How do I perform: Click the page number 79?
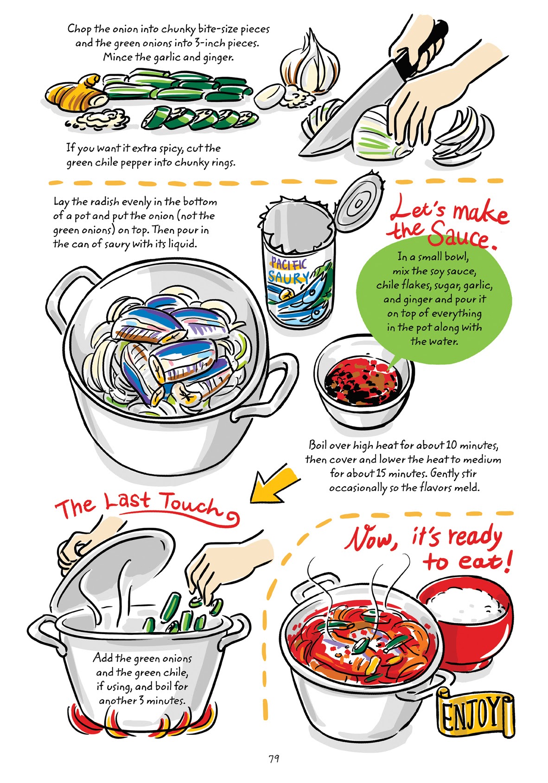(274, 759)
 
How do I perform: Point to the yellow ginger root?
(74, 95)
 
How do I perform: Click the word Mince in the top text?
(116, 57)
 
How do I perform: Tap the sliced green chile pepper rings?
(199, 119)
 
